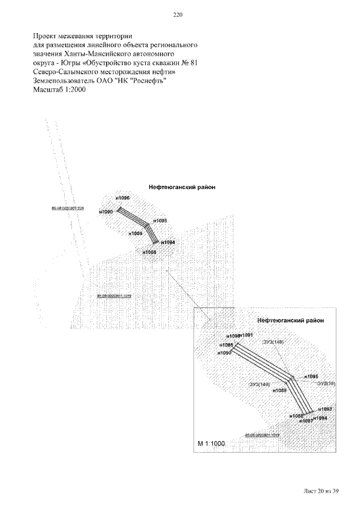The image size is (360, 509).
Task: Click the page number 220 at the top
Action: [179, 15]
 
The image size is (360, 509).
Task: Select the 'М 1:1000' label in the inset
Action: [211, 444]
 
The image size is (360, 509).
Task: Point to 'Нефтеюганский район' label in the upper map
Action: [182, 187]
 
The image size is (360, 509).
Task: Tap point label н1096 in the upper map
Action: [122, 199]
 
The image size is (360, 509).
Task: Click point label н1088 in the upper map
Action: [149, 253]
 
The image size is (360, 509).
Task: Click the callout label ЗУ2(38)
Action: [326, 384]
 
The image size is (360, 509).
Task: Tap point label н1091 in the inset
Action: [247, 335]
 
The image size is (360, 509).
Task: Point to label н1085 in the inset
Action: [227, 345]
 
